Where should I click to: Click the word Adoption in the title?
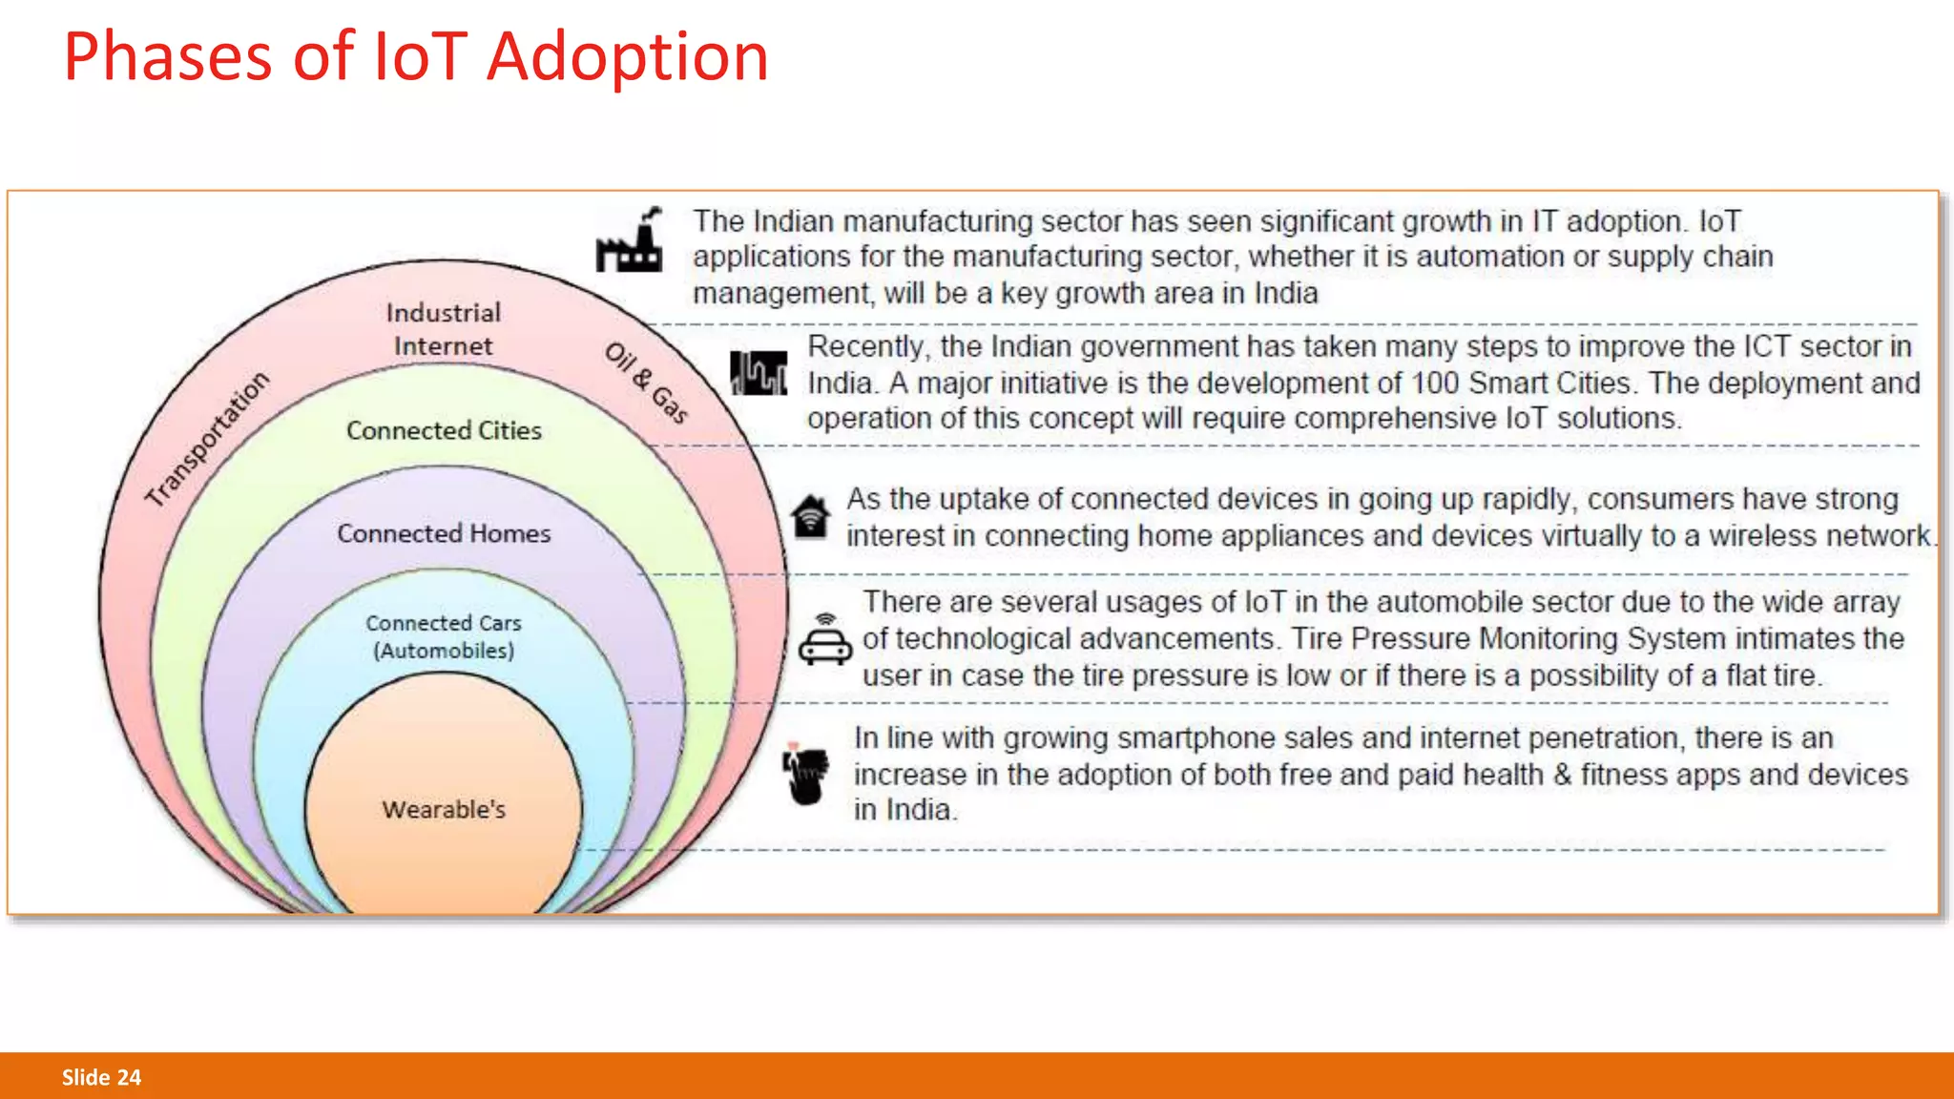627,57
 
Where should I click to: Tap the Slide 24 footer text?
101,1077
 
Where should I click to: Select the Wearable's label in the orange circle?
444,810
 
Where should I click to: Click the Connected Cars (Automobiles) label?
444,636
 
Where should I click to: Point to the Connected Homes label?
444,533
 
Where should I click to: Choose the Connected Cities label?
444,430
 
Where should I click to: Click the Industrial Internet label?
444,329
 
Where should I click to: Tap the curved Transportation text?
207,439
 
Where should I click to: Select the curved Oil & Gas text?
646,383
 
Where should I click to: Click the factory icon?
631,241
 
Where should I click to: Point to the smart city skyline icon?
759,373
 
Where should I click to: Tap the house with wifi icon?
810,517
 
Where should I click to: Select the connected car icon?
825,641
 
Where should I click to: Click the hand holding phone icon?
804,774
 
